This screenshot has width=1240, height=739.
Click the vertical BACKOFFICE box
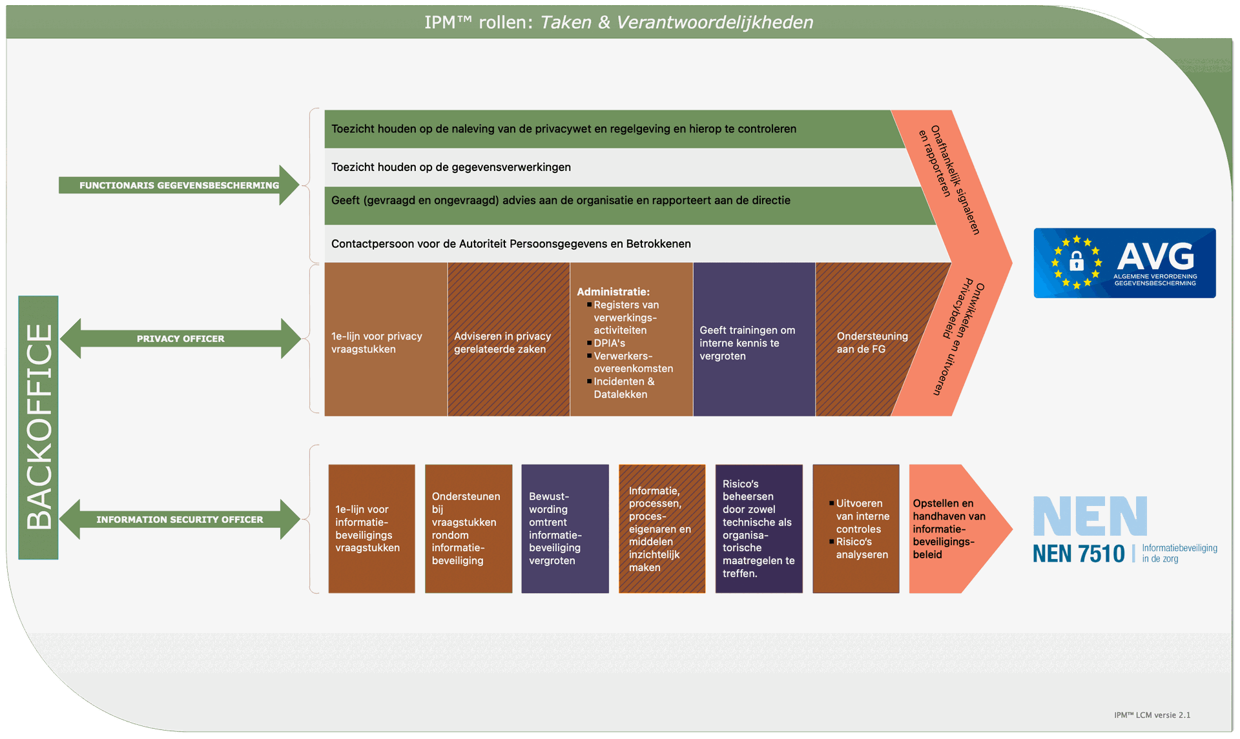pos(39,427)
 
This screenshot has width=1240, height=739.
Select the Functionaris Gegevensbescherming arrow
pos(179,185)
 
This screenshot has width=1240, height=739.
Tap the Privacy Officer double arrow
pos(180,339)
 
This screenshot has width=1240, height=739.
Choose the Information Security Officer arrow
pos(180,520)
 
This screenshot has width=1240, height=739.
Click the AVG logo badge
pos(1124,263)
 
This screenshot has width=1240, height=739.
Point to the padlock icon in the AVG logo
pos(1076,261)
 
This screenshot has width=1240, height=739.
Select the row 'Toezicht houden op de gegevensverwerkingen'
pos(451,167)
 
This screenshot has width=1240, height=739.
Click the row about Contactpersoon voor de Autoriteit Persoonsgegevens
pos(511,244)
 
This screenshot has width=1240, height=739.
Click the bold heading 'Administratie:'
pos(613,292)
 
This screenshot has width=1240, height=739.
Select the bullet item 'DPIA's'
pos(609,343)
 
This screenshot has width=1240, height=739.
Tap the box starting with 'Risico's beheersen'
pos(758,529)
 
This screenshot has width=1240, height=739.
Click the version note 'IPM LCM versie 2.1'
pos(1152,715)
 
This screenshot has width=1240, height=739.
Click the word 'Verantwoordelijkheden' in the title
pos(714,23)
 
